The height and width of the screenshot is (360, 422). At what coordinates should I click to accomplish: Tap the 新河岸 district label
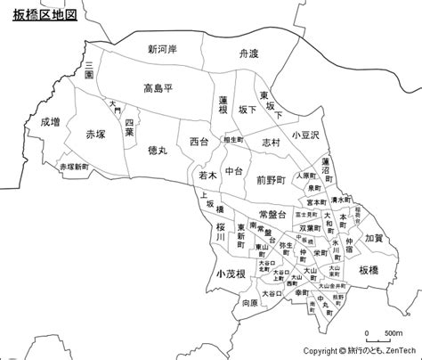[164, 49]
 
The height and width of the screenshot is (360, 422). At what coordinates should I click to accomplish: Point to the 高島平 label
[161, 87]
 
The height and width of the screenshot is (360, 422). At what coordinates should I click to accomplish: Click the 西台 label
[199, 142]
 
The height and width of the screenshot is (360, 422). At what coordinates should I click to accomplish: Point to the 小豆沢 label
[316, 133]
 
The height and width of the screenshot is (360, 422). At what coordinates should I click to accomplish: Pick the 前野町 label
[271, 179]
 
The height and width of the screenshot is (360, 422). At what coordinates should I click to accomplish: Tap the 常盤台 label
[272, 215]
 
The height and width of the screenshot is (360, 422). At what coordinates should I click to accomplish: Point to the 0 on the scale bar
[367, 333]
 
